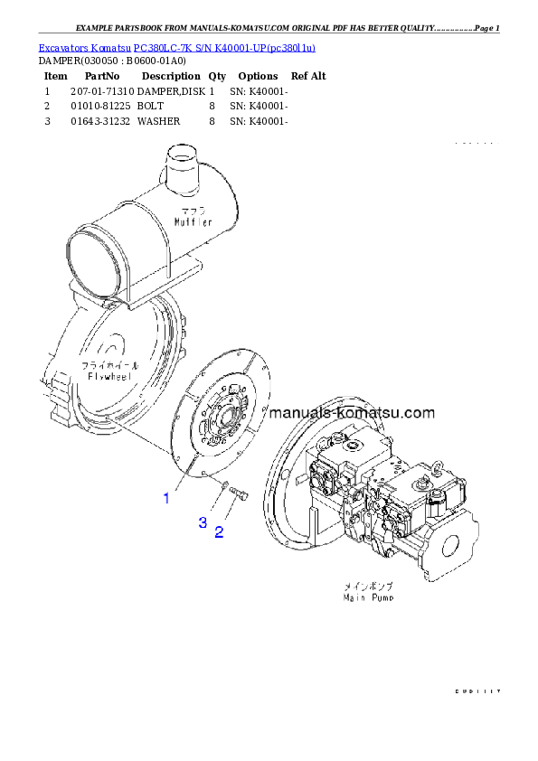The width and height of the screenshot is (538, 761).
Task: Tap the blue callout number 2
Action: pos(219,532)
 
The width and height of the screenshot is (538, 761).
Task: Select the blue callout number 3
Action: pos(203,522)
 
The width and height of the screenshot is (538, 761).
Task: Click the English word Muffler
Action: pos(193,221)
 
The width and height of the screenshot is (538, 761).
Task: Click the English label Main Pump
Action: pos(368,597)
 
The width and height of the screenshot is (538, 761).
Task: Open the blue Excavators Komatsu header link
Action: pos(176,47)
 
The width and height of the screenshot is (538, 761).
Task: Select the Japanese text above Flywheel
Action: pos(106,364)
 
